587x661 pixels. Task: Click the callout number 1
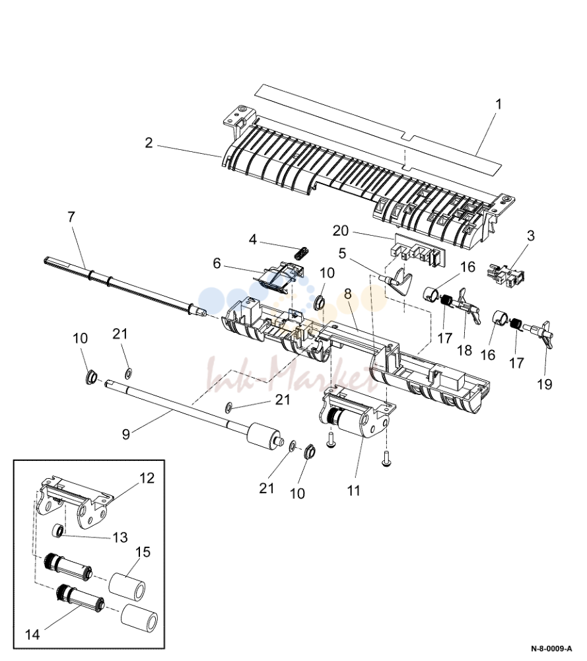click(x=499, y=104)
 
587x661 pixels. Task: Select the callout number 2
click(x=149, y=143)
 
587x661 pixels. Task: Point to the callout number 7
click(x=71, y=217)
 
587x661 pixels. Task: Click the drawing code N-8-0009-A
click(x=551, y=648)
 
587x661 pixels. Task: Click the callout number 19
click(x=545, y=384)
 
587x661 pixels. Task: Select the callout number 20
click(x=341, y=231)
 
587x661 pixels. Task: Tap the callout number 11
click(x=353, y=490)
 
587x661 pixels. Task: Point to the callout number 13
click(x=120, y=537)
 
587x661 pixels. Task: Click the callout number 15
click(x=143, y=552)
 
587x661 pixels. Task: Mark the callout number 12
click(x=147, y=478)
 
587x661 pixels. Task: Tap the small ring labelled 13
click(x=57, y=530)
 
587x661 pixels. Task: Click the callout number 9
click(x=125, y=435)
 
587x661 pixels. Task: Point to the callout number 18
click(x=464, y=351)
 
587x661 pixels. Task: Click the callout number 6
click(x=217, y=263)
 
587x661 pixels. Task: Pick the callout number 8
click(x=348, y=294)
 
